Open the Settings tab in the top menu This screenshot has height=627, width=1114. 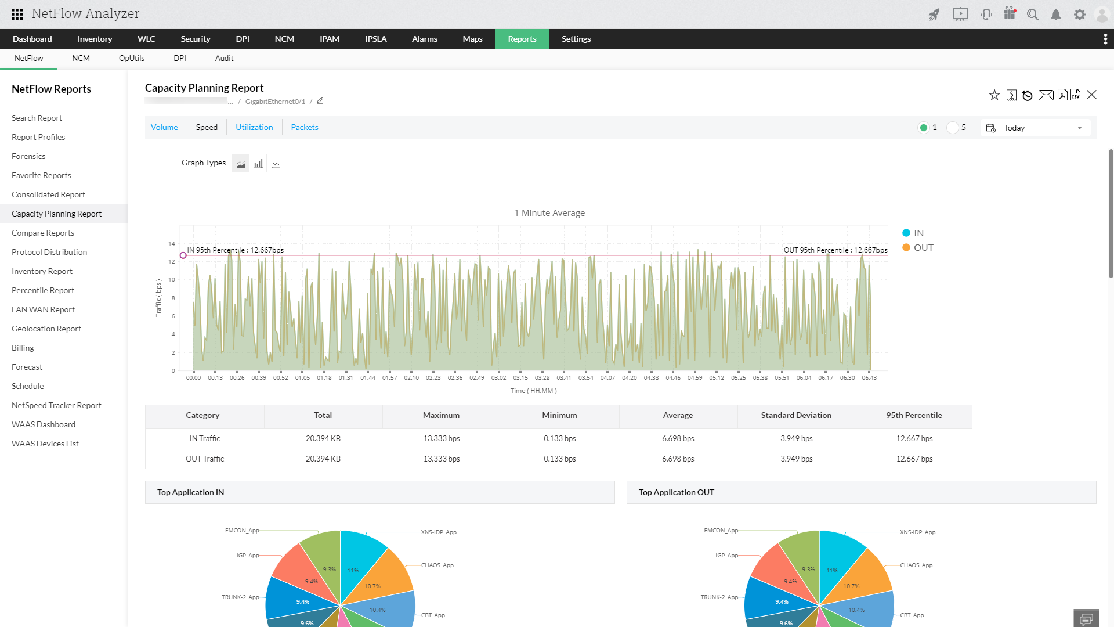576,39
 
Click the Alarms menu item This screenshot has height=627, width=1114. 424,39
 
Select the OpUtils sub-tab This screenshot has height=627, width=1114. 132,58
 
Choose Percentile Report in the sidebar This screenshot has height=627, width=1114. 43,290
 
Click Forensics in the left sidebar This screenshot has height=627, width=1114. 28,156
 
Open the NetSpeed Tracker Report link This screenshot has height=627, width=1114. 56,405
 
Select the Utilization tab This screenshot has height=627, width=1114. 254,127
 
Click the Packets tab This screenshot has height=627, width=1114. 305,127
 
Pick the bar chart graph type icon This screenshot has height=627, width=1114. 258,164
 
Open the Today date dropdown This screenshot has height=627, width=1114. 1036,128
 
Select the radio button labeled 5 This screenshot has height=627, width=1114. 953,128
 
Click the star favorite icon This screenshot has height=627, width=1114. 994,95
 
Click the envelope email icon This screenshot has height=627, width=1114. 1046,95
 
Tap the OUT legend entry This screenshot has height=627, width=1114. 923,247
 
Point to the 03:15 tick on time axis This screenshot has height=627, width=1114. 520,377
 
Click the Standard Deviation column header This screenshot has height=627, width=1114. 796,415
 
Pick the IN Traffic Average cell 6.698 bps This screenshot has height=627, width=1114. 678,438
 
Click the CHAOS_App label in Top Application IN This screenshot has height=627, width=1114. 437,565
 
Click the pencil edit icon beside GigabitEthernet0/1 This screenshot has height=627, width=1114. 320,100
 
